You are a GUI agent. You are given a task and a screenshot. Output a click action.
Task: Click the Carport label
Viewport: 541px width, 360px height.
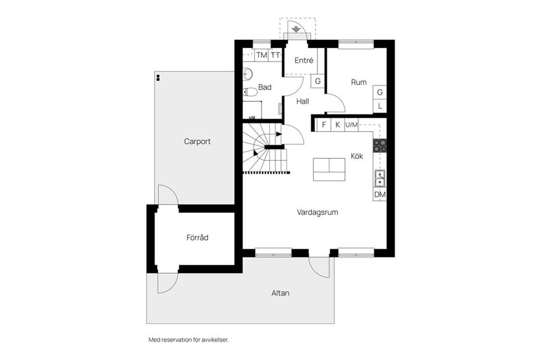click(x=197, y=141)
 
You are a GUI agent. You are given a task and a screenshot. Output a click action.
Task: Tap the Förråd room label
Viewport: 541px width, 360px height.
click(x=197, y=238)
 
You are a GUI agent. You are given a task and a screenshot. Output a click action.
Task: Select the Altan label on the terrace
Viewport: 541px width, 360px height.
click(x=281, y=293)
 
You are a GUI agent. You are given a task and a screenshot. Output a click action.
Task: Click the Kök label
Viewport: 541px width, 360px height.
click(x=357, y=156)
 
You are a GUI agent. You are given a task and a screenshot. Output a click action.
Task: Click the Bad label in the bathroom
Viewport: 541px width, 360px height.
click(x=265, y=87)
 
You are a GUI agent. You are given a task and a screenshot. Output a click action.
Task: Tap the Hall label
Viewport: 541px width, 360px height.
click(x=303, y=101)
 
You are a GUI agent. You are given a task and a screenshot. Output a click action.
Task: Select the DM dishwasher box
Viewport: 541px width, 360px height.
click(x=380, y=194)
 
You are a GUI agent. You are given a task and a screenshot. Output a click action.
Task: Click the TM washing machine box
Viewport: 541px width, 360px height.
click(x=261, y=55)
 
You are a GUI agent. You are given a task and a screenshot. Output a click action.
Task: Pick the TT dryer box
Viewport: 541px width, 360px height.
click(x=275, y=55)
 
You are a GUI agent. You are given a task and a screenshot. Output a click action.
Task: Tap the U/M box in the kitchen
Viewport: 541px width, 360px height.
click(x=351, y=125)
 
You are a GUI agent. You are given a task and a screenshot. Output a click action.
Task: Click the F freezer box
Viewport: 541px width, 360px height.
click(x=324, y=125)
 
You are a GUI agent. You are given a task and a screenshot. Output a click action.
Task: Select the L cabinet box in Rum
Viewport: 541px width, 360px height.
click(x=380, y=106)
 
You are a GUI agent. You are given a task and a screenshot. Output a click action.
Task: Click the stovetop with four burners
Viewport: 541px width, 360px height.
click(x=380, y=144)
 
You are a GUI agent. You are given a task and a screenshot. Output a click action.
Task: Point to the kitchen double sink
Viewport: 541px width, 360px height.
click(x=380, y=178)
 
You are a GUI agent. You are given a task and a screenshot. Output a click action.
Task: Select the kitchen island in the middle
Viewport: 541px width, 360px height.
click(x=329, y=169)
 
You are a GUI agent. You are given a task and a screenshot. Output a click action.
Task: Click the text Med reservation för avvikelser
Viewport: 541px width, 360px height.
click(x=188, y=340)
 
